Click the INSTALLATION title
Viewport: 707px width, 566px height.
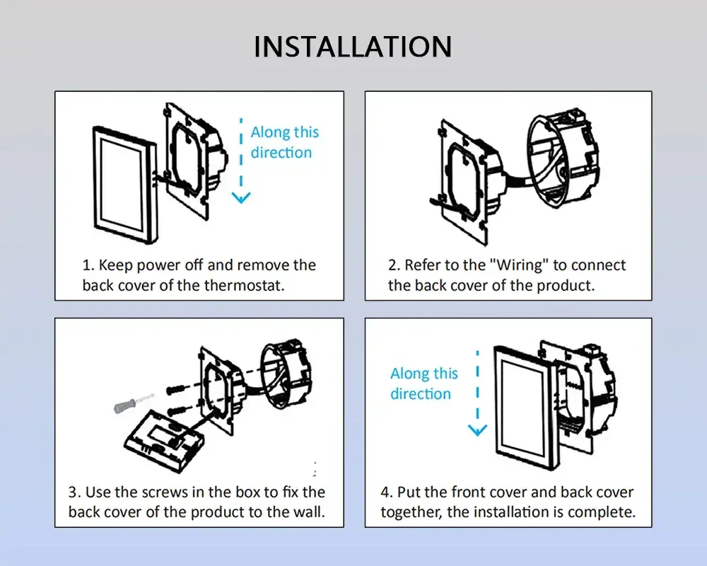pos(353,47)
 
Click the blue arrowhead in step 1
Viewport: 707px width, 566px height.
pos(242,197)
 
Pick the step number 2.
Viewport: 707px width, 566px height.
pos(394,265)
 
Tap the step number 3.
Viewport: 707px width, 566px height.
pos(73,492)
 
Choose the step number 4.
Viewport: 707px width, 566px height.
pos(385,492)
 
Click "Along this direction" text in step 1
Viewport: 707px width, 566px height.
pos(284,142)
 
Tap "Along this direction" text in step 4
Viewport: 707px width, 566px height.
pos(423,383)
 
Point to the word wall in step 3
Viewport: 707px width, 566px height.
pos(309,512)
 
